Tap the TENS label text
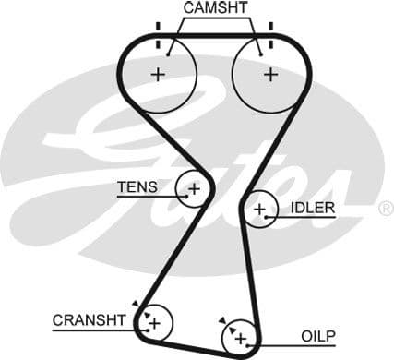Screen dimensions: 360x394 pos(137,187)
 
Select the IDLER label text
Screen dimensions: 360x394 pos(312,208)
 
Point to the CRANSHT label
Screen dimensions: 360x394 pos(89,320)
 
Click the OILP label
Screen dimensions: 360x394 pos(317,335)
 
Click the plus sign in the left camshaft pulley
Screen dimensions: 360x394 pos(159,75)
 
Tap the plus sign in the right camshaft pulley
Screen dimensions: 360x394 pos(269,75)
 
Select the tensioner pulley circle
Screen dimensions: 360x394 pos(193,188)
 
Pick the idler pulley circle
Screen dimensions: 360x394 pos(261,210)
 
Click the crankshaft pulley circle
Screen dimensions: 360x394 pos(154,322)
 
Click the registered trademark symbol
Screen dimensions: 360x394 pos(385,210)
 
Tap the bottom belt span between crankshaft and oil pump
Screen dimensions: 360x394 pos(197,342)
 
